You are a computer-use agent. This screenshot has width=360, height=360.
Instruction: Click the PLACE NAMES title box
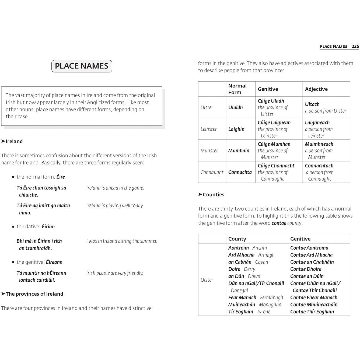click(82, 66)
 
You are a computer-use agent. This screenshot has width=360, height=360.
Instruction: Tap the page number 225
click(355, 46)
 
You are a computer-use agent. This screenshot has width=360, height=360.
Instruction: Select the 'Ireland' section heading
click(14, 141)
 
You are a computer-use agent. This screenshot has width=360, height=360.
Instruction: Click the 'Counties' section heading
click(213, 194)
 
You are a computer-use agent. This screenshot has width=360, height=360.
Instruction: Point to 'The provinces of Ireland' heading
click(34, 294)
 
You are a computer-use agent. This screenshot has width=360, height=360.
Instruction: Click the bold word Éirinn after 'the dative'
click(48, 226)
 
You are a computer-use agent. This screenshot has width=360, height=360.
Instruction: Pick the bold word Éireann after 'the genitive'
click(54, 262)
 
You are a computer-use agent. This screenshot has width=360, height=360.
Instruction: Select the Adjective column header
click(316, 89)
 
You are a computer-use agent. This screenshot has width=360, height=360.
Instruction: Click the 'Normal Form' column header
click(237, 89)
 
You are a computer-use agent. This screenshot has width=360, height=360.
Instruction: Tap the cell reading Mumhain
click(239, 151)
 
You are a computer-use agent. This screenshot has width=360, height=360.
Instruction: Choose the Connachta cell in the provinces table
click(240, 172)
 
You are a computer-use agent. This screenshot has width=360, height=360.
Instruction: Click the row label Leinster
click(208, 129)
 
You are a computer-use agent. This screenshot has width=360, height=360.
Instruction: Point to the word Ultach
click(312, 104)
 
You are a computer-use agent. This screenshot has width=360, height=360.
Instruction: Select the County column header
click(237, 239)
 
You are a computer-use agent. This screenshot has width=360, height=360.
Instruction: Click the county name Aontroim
click(238, 248)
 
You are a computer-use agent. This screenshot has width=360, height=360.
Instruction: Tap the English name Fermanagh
click(271, 298)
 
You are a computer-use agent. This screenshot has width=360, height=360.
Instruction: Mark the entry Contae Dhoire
click(306, 269)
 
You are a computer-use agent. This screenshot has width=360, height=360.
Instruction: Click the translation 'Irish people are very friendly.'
click(115, 273)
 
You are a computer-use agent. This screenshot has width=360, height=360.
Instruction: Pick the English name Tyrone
click(263, 312)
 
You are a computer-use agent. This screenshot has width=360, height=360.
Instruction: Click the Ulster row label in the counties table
click(207, 280)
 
